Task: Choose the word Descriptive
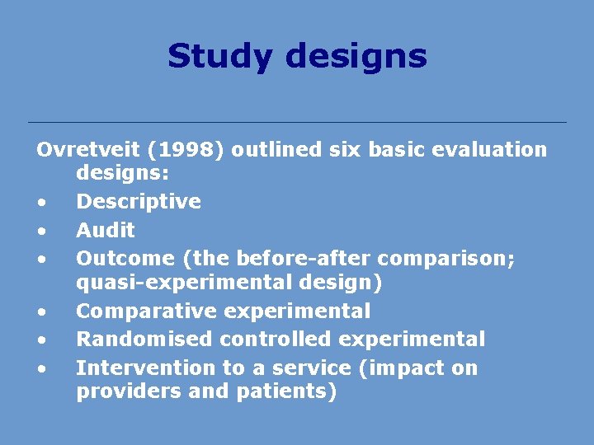pos(139,202)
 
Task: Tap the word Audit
pos(106,230)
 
